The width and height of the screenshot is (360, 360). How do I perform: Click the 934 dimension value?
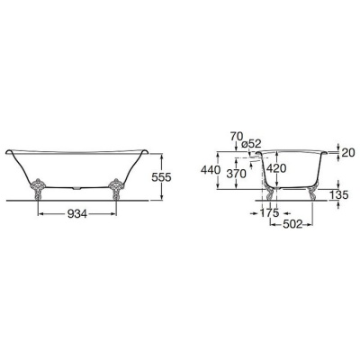click(77, 214)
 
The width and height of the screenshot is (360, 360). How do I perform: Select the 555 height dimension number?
click(161, 177)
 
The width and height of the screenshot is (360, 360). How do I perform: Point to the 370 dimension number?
click(236, 174)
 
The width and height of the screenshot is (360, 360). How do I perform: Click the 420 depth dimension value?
click(276, 168)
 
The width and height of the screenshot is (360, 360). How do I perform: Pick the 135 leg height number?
click(339, 195)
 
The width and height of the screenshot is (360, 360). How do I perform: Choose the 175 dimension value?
click(269, 213)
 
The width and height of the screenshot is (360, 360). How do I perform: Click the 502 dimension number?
click(292, 224)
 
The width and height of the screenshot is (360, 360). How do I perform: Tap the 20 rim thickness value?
click(348, 153)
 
